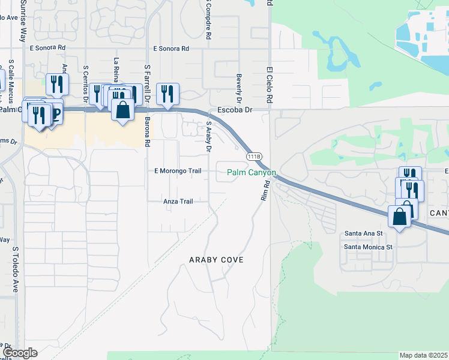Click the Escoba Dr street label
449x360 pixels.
coord(235,110)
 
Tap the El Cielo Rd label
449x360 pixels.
coord(270,84)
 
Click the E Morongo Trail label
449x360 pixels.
coord(178,171)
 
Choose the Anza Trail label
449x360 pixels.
coord(178,202)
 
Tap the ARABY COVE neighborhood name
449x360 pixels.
coord(216,260)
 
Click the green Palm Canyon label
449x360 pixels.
coord(252,173)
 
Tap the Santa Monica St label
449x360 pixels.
coord(368,247)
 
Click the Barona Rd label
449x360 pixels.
coord(147,132)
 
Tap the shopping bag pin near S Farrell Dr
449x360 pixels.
coord(122,111)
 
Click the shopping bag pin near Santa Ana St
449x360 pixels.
coord(400,217)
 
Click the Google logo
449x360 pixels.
coord(20,353)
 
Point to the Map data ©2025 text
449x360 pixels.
coord(424,355)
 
